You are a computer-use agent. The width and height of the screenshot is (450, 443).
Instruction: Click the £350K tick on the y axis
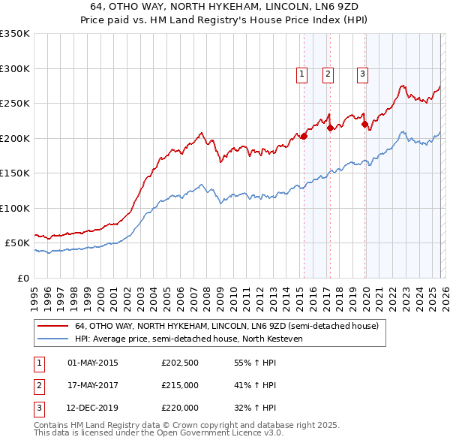pos(15,34)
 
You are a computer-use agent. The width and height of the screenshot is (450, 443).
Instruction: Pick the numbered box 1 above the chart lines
pos(301,74)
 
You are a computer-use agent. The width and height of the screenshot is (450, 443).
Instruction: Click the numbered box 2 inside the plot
pos(328,74)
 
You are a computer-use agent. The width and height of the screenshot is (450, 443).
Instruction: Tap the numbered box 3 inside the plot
pos(362,74)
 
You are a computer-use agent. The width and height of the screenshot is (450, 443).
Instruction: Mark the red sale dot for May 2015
pos(304,137)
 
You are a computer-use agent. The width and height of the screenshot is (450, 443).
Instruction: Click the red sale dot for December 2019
pos(365,125)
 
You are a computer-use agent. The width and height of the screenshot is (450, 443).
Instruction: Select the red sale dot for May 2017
pos(331,128)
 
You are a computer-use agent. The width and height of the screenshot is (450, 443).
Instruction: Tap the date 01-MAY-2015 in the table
pos(93,363)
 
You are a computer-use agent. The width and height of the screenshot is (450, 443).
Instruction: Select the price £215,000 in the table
pos(180,385)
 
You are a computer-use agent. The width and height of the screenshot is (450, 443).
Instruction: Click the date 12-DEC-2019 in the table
pos(93,408)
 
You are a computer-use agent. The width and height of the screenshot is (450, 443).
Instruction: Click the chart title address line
pos(225,7)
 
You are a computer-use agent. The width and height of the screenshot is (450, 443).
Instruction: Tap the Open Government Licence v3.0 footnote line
pos(158,433)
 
